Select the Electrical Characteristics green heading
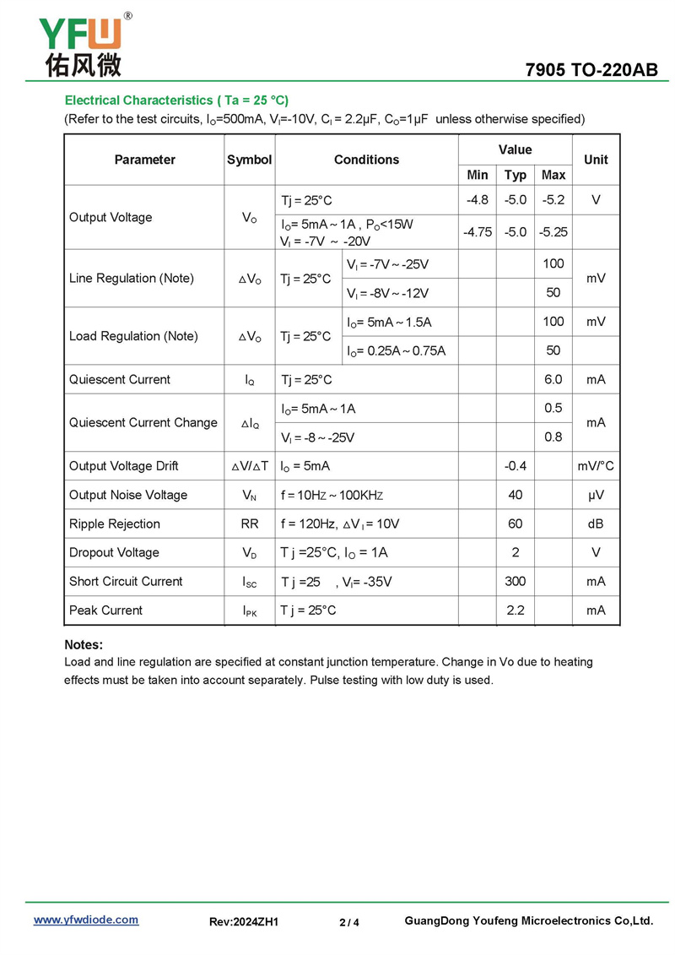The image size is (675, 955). (176, 100)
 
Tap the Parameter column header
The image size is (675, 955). (144, 160)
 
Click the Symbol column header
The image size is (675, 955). (250, 160)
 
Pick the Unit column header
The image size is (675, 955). (596, 160)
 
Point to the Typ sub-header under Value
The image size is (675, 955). (515, 175)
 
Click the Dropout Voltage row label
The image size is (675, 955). (114, 552)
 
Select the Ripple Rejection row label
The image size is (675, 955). (115, 524)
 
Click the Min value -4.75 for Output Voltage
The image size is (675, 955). (478, 231)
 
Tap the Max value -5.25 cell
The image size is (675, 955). (553, 231)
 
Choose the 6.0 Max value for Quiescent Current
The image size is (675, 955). (553, 379)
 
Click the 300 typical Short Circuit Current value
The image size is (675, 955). (515, 581)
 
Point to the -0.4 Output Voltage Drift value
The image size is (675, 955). (515, 465)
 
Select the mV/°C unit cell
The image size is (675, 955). (596, 465)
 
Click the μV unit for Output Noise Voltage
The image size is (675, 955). (596, 495)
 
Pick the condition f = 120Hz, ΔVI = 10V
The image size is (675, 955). (340, 524)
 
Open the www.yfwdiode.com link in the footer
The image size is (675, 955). (86, 920)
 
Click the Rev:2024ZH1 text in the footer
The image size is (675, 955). (244, 922)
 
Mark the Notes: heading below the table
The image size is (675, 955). (84, 644)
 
